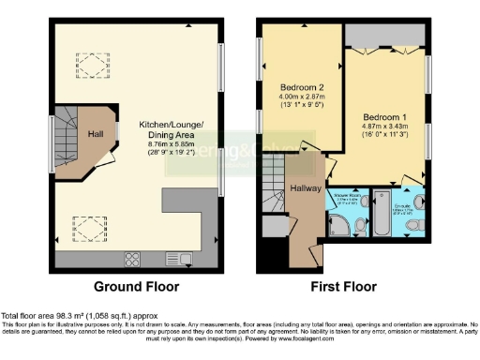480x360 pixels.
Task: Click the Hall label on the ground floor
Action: [x=96, y=134]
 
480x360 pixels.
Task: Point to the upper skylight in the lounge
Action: [x=91, y=65]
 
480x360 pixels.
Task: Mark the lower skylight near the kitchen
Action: [x=91, y=226]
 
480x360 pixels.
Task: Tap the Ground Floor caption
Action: [x=137, y=287]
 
